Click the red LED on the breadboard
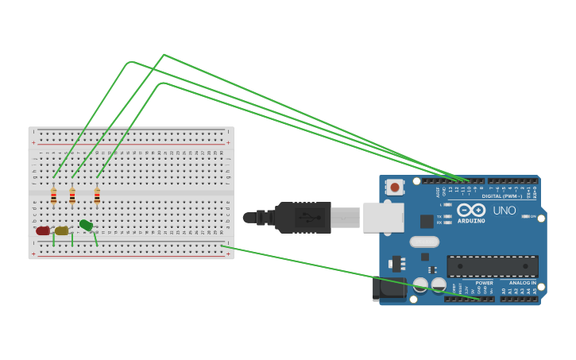[x=43, y=230]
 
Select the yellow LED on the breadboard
[x=61, y=230]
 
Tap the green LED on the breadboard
[x=86, y=226]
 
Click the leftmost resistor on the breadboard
[x=53, y=195]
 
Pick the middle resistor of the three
[x=72, y=195]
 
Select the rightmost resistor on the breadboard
[x=97, y=195]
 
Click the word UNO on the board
[x=504, y=211]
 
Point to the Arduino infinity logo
[x=470, y=210]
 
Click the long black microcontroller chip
[x=492, y=266]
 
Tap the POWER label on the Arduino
[x=484, y=283]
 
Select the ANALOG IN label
[x=522, y=283]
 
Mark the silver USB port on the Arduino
[x=383, y=217]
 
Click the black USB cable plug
[x=302, y=217]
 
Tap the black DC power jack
[x=389, y=288]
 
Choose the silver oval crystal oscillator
[x=423, y=242]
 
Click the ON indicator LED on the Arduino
[x=525, y=216]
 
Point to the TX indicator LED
[x=448, y=216]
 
